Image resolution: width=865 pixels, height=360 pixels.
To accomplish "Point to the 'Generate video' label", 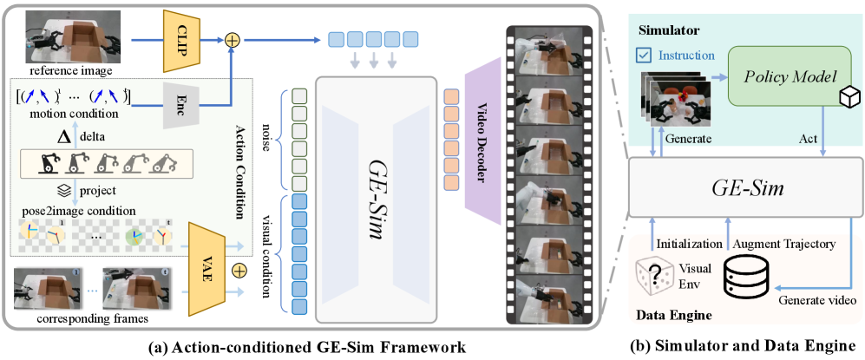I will tap(816, 301).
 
